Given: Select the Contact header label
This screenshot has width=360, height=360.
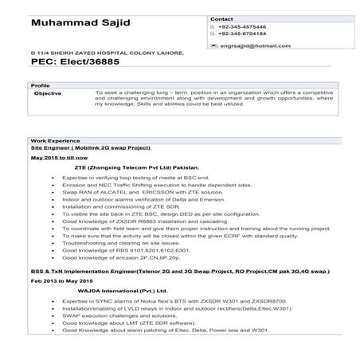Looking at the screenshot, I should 221,18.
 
